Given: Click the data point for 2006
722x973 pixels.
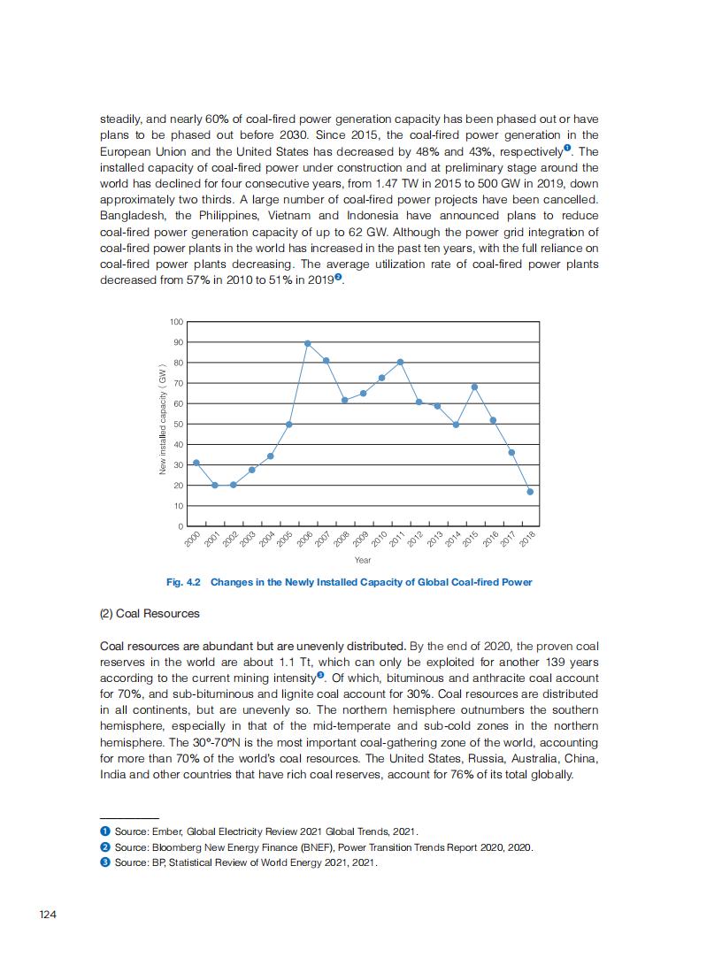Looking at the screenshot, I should [x=308, y=343].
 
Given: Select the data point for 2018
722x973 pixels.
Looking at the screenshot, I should [x=530, y=492].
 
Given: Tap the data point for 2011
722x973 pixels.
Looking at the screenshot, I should [x=401, y=362].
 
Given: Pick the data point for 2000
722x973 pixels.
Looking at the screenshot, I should [x=196, y=463].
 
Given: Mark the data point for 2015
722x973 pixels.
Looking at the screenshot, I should [x=474, y=387].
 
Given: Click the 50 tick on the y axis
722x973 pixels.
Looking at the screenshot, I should [x=177, y=425].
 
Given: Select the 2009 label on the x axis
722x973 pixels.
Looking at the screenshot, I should [x=361, y=540].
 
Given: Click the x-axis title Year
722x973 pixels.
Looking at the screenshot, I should [x=363, y=560].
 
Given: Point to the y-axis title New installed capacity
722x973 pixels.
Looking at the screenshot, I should [x=163, y=418].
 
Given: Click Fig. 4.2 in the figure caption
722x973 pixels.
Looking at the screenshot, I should [x=184, y=582].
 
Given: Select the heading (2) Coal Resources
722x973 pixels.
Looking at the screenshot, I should [x=150, y=613].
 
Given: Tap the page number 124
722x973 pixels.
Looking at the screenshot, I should [x=48, y=914].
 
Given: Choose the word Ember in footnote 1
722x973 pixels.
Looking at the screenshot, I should [x=165, y=831].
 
